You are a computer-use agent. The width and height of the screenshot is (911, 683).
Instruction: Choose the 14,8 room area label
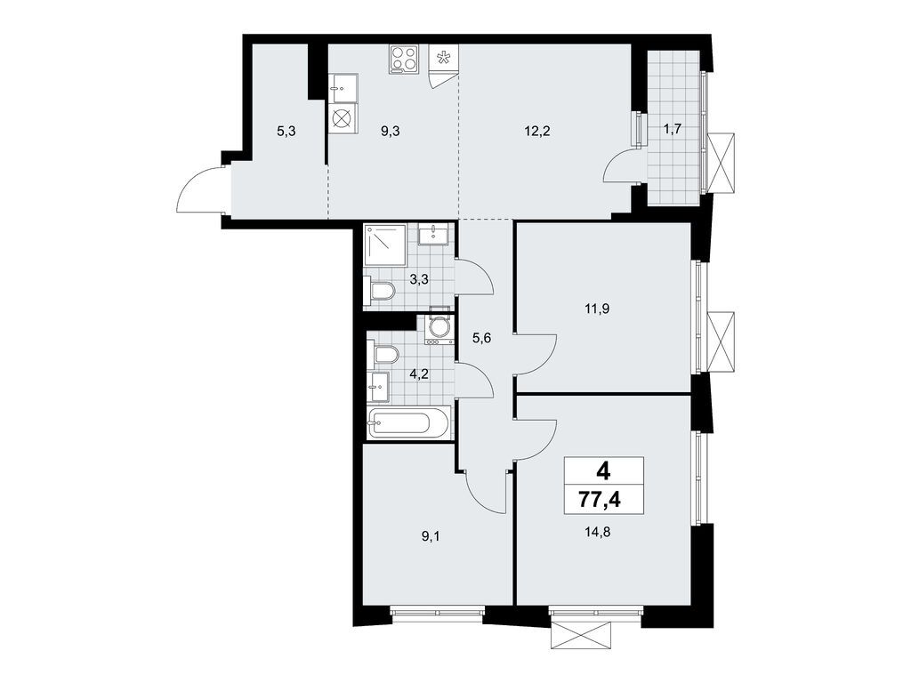point(599,534)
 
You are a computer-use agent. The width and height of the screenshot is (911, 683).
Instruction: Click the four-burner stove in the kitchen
point(404,60)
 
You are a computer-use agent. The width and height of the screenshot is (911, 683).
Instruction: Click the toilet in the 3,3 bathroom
point(379,291)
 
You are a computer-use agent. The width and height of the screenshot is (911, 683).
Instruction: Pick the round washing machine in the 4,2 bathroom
point(438,328)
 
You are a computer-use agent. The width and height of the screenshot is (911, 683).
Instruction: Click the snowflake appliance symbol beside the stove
point(442,60)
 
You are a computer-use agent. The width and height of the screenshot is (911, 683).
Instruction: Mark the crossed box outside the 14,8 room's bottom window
point(582,634)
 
